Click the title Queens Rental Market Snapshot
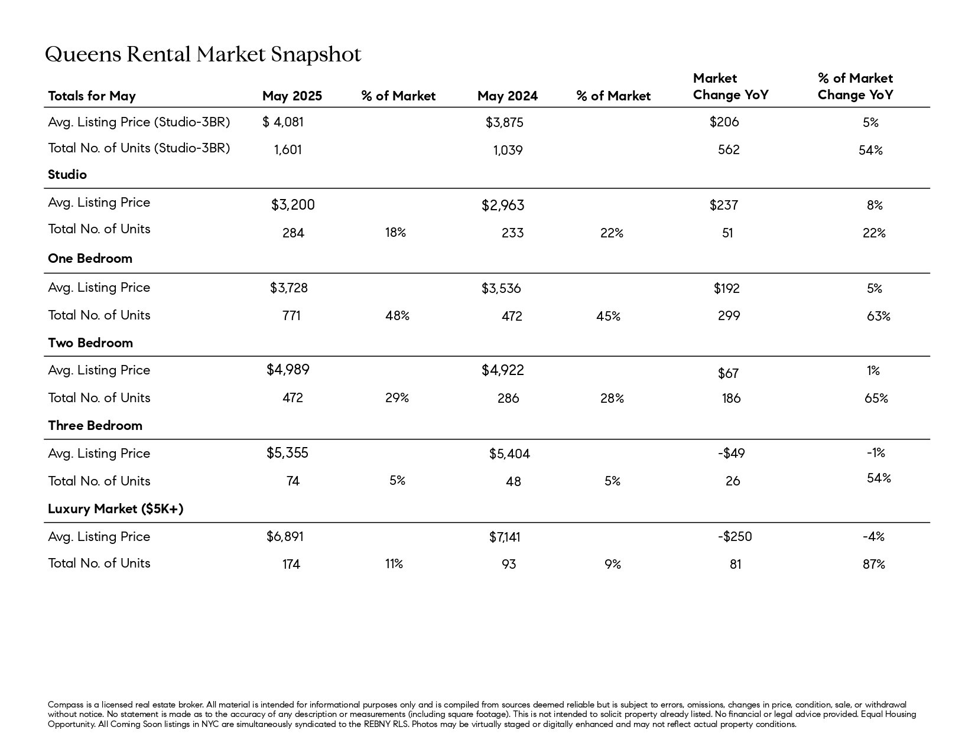pos(203,54)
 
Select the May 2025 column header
pos(292,96)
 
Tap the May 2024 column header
pos(508,96)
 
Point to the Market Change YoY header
pos(730,87)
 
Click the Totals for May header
pos(92,96)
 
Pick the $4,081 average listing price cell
pos(283,122)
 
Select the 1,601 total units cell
pos(288,150)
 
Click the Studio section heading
pos(67,174)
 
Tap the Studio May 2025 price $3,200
pos(293,205)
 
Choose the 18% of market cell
pos(395,233)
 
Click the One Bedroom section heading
pos(90,258)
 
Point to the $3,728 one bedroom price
pos(289,288)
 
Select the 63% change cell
pos(879,316)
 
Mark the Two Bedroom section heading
pos(90,343)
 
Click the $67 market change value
pos(728,373)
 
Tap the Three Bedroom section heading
pos(95,426)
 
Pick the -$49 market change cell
pos(732,454)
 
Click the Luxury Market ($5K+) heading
pos(116,509)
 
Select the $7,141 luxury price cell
pos(505,537)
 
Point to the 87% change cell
pos(874,564)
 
